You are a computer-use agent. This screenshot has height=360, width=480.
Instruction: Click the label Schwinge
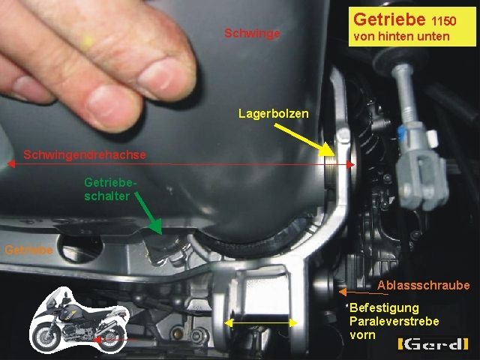(252, 34)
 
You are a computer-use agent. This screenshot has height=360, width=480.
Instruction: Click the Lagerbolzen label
(273, 114)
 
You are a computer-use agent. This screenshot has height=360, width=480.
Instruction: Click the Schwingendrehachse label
(85, 155)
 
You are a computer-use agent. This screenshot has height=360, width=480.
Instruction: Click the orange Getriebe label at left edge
(28, 250)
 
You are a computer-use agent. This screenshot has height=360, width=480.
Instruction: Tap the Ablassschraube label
(424, 285)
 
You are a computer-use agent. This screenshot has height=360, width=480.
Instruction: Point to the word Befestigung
(384, 307)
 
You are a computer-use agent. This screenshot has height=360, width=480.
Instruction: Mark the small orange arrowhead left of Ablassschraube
(341, 290)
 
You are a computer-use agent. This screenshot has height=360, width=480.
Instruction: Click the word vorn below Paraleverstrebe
(362, 334)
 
